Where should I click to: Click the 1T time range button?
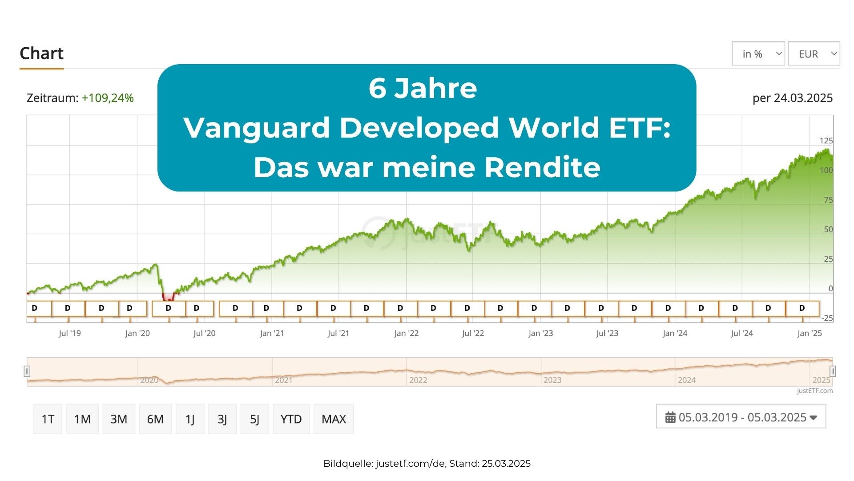pyautogui.click(x=48, y=419)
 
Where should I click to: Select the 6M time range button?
pyautogui.click(x=155, y=419)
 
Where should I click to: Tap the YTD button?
pyautogui.click(x=291, y=419)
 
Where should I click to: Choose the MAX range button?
pyautogui.click(x=334, y=419)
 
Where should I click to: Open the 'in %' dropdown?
pyautogui.click(x=758, y=54)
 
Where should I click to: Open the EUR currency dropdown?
pyautogui.click(x=814, y=54)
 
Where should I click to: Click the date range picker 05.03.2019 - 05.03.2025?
pyautogui.click(x=741, y=417)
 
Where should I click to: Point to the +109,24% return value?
pyautogui.click(x=108, y=98)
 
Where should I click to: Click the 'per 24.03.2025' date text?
pyautogui.click(x=792, y=98)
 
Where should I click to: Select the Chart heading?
pyautogui.click(x=41, y=53)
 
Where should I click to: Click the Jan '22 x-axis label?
pyautogui.click(x=406, y=333)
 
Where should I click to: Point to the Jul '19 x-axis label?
pyautogui.click(x=70, y=333)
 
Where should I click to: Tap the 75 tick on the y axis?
pyautogui.click(x=828, y=200)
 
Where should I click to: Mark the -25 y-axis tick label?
pyautogui.click(x=827, y=318)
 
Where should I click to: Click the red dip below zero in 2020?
pyautogui.click(x=169, y=297)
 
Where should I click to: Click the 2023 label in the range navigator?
pyautogui.click(x=552, y=380)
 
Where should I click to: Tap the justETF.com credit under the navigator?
pyautogui.click(x=814, y=391)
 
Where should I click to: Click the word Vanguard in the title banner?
pyautogui.click(x=256, y=128)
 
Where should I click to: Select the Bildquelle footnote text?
pyautogui.click(x=427, y=464)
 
